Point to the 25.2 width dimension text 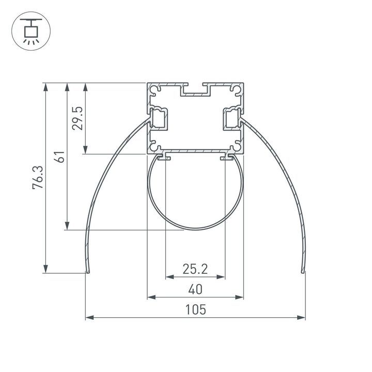coord(195,269)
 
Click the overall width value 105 coord(195,309)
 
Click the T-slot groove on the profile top coord(195,91)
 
